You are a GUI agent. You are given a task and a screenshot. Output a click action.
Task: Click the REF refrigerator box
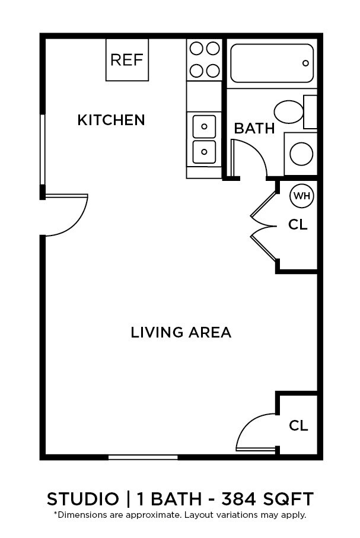pyautogui.click(x=127, y=59)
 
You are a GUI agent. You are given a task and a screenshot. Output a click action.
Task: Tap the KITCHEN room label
pyautogui.click(x=111, y=120)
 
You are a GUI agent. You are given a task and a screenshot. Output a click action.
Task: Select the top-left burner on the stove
pyautogui.click(x=196, y=48)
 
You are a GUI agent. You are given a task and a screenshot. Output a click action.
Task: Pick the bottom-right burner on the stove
pyautogui.click(x=213, y=71)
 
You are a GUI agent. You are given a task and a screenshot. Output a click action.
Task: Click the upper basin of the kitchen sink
pyautogui.click(x=205, y=126)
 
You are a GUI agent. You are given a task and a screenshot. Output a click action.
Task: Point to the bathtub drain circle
pyautogui.click(x=306, y=63)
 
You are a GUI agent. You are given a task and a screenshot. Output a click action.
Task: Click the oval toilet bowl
pyautogui.click(x=289, y=112)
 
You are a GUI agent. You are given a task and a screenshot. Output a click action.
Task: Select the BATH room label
pyautogui.click(x=254, y=128)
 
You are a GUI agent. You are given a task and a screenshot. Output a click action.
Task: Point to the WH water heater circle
pyautogui.click(x=301, y=196)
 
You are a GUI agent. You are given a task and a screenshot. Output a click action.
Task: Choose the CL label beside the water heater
pyautogui.click(x=298, y=225)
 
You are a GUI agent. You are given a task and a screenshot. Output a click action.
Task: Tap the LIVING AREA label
pyautogui.click(x=181, y=332)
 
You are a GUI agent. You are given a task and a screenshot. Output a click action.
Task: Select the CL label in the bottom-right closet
pyautogui.click(x=298, y=425)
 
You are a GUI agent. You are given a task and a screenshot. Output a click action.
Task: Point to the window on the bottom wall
pyautogui.click(x=143, y=457)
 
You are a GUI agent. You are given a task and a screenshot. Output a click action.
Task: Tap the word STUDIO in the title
pyautogui.click(x=83, y=499)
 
